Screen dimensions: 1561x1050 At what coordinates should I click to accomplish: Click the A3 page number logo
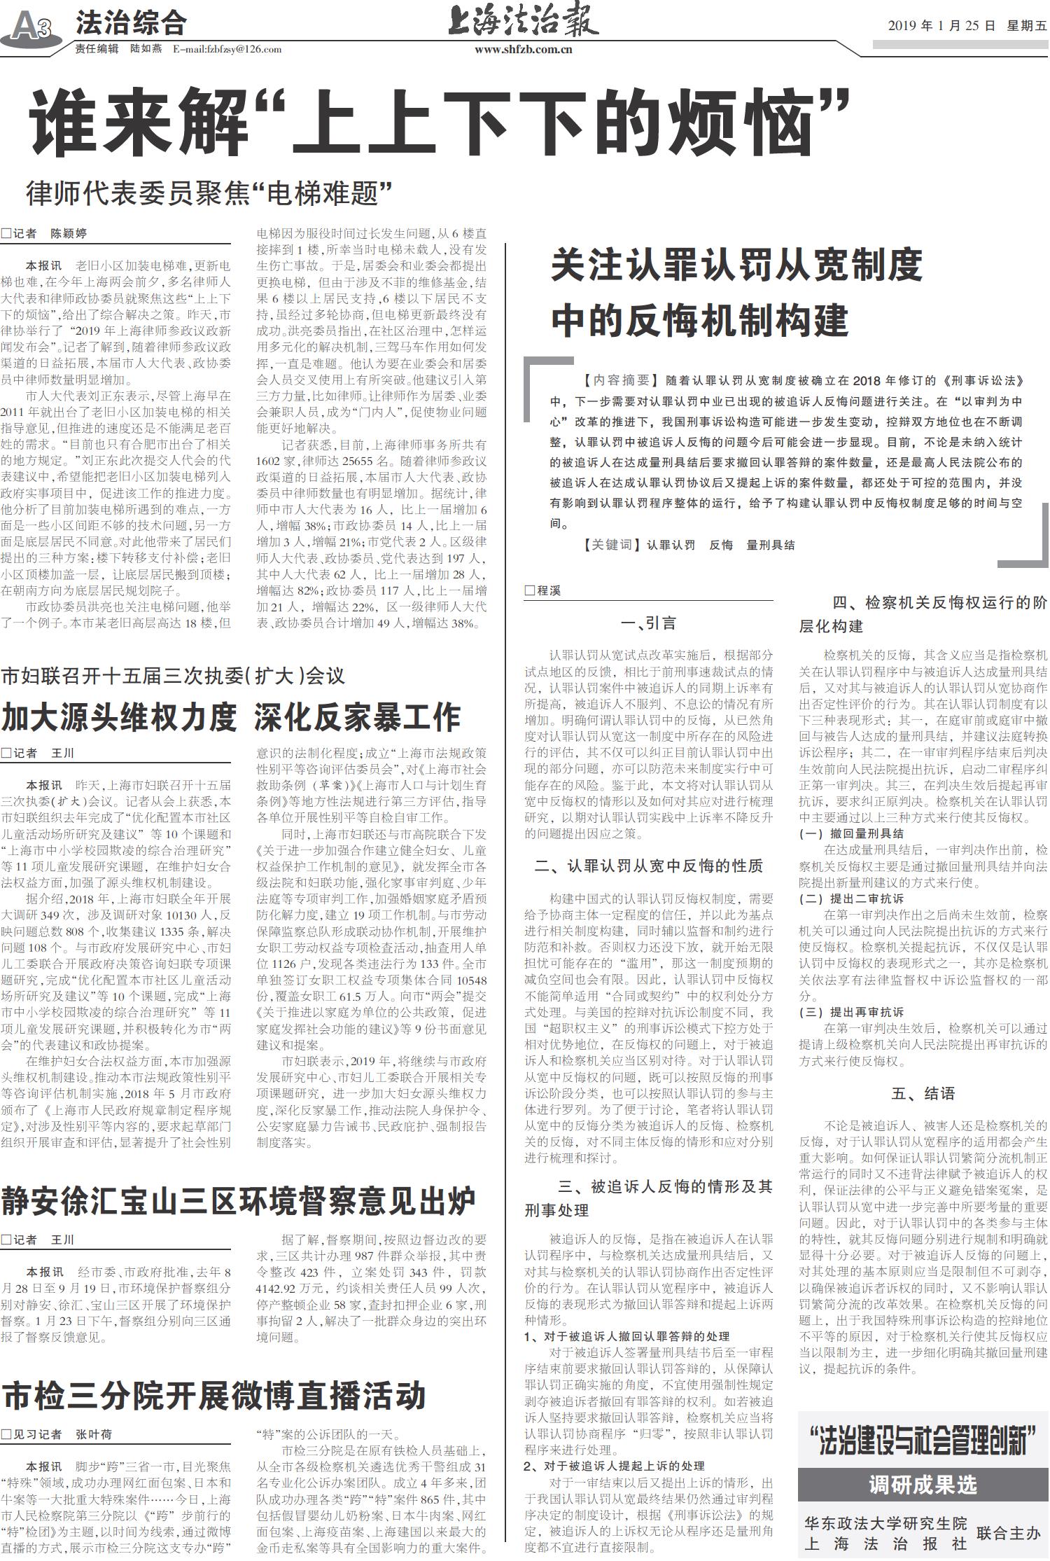[31, 27]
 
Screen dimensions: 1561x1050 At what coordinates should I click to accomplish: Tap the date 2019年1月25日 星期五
[967, 26]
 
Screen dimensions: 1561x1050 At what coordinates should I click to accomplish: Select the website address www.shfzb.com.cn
[524, 50]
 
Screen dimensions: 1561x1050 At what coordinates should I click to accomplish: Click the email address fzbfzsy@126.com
[227, 49]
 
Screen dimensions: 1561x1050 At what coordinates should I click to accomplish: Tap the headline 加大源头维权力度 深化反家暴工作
[231, 716]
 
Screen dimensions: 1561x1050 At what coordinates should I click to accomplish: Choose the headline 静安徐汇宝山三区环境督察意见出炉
[238, 1201]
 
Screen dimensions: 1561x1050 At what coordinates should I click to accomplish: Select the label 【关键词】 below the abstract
[606, 544]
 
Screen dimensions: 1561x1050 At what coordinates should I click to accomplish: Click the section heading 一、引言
[648, 623]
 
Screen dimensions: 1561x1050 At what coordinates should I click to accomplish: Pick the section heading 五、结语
[923, 1093]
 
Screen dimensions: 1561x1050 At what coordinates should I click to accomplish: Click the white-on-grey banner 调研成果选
[923, 1484]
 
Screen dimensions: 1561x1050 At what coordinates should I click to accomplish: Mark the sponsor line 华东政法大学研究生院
[885, 1522]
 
